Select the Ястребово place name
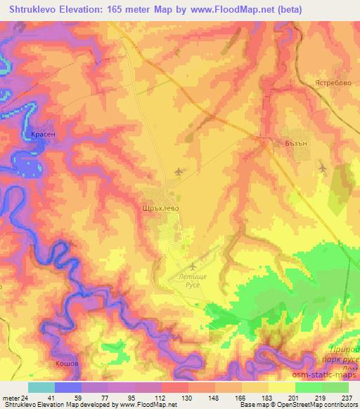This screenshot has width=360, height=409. click(328, 82)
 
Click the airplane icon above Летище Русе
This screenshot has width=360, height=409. click(193, 266)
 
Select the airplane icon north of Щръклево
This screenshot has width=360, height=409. click(179, 171)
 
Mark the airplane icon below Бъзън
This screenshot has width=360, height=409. click(322, 167)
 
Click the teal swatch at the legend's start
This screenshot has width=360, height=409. click(41, 387)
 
